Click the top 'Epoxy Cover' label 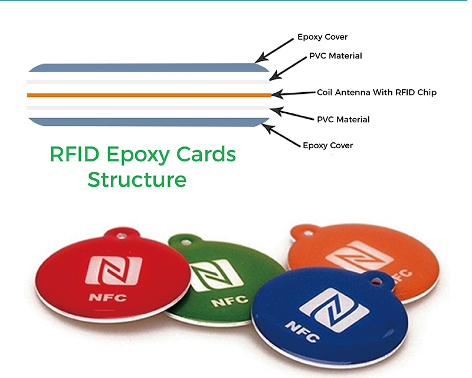322,37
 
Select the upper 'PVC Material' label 336,56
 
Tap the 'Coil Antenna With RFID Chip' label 376,92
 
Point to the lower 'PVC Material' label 343,119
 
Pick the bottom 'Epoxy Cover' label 328,146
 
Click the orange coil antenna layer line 149,95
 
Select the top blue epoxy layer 149,67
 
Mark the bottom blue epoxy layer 149,122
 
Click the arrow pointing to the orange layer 293,93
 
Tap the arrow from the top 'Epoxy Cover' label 274,50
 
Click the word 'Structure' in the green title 137,180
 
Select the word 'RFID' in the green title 74,154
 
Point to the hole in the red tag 121,236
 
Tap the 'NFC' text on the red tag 107,298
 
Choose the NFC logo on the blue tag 334,310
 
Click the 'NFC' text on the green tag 230,301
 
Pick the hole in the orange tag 307,233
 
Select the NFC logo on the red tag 114,271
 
